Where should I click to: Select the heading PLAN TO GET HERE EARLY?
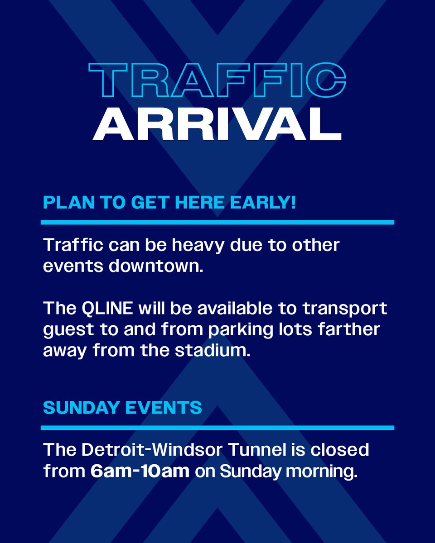[x=169, y=202]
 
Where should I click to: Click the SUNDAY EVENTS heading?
[x=122, y=408]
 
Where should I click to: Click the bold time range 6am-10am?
[x=140, y=471]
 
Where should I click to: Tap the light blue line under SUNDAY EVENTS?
[x=217, y=428]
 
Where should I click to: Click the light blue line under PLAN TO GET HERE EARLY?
[x=217, y=222]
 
